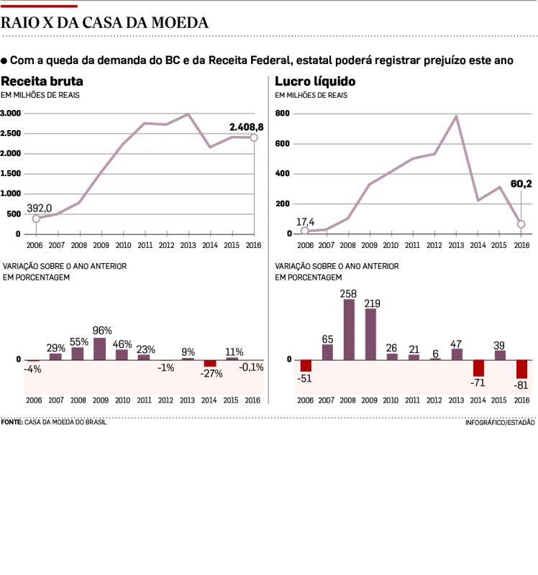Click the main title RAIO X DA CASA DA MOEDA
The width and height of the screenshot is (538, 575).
[x=105, y=23]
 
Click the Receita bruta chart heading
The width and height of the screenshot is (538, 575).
[x=42, y=81]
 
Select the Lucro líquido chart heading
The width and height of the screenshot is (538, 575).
[x=315, y=81]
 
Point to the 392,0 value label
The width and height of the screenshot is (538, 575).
[x=40, y=208]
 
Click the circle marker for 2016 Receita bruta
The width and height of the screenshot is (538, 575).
[x=254, y=137]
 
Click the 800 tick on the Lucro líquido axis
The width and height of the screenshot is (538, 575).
[x=283, y=114]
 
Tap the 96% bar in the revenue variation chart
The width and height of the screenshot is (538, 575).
[x=100, y=349]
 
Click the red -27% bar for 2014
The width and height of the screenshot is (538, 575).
[x=210, y=364]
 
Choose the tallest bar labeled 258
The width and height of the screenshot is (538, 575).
[x=349, y=329]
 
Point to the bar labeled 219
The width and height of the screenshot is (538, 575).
[x=370, y=334]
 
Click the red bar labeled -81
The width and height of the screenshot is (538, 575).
[x=521, y=369]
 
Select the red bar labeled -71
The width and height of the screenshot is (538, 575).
[x=478, y=368]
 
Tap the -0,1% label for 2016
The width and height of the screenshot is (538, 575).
[x=252, y=367]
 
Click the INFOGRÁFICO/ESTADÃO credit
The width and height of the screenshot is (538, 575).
[x=500, y=423]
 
